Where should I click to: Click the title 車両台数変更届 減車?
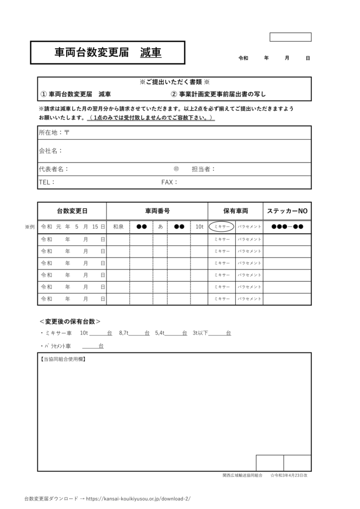pos(107,53)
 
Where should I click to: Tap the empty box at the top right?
pos(290,37)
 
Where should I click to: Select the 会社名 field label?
pos(50,151)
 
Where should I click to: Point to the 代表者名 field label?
pos(54,169)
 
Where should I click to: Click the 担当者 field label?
pos(203,169)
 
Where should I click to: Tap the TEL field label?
pos(47,182)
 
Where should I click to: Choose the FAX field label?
pos(170,182)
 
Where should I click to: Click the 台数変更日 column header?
pos(72,211)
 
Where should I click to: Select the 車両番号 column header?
pos(157,211)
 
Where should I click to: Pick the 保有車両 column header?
pos(235,211)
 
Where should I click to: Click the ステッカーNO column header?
pos(287,211)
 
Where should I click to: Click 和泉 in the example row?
pos(118,227)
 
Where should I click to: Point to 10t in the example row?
pos(199,227)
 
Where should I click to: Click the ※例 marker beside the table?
pos(29,227)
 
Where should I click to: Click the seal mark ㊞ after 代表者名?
pos(176,169)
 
